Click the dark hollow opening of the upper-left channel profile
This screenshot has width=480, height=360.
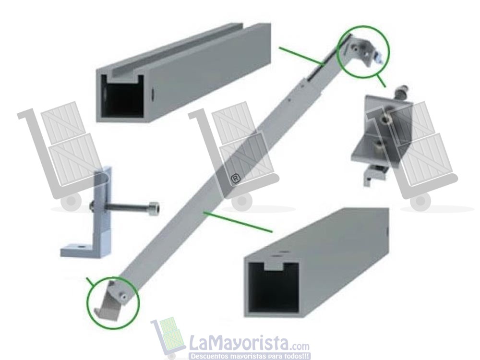(124, 98)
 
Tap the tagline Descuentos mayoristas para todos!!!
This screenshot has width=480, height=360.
(250, 356)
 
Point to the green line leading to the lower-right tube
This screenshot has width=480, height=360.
(237, 221)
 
